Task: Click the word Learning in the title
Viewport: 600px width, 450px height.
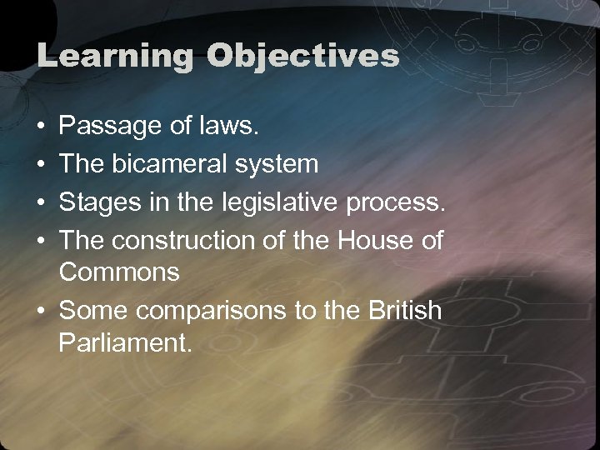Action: tap(113, 56)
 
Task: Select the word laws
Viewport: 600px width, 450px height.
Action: tap(236, 127)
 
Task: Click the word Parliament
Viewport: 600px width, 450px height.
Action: tap(126, 344)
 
